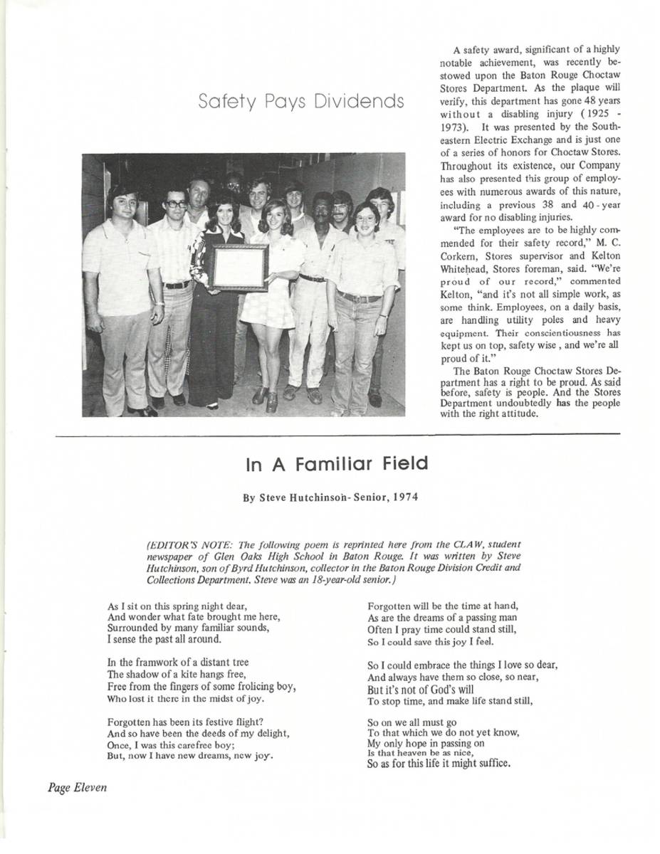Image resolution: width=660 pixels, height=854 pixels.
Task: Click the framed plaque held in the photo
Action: [239, 268]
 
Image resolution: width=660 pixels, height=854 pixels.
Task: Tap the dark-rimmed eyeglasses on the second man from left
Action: [176, 204]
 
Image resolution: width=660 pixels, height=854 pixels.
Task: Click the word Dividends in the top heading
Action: [361, 102]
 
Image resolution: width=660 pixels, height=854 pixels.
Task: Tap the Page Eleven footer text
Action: [78, 787]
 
